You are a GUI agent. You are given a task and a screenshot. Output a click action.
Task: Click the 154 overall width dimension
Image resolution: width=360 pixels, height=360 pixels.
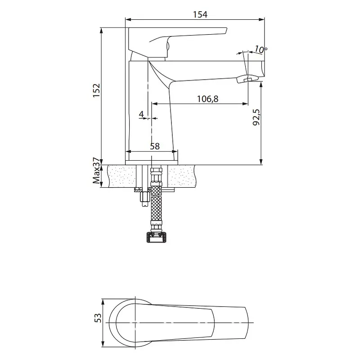(200, 15)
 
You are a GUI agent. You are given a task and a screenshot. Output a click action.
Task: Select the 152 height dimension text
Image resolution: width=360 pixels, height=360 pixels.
(97, 90)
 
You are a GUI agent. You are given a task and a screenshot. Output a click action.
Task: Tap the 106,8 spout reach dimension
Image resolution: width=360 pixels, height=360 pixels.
(208, 99)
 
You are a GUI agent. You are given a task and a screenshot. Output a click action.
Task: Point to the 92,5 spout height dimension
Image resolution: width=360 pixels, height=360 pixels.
(256, 117)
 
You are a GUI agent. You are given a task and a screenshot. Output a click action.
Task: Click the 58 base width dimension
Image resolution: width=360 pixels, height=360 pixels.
(155, 146)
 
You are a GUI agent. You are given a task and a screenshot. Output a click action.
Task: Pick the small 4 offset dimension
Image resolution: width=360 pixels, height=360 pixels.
(141, 114)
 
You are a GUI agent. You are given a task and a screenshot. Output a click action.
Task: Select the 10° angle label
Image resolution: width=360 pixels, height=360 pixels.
(261, 49)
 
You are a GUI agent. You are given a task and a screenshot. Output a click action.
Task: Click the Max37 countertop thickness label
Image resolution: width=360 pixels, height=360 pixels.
(97, 171)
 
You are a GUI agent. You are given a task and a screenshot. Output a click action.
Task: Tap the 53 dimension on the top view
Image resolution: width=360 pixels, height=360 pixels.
(98, 318)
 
